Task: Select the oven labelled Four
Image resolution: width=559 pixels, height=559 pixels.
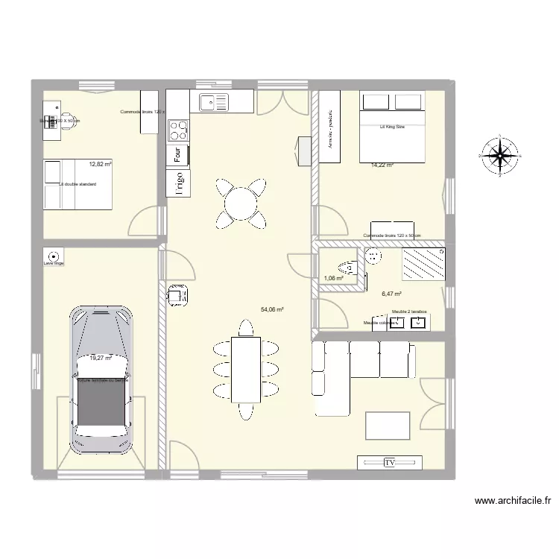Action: [x=177, y=156]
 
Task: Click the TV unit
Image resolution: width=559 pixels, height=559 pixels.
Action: [x=388, y=463]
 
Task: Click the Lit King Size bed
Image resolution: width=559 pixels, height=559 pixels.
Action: [x=392, y=124]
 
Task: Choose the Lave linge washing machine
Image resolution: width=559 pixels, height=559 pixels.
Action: [x=54, y=255]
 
